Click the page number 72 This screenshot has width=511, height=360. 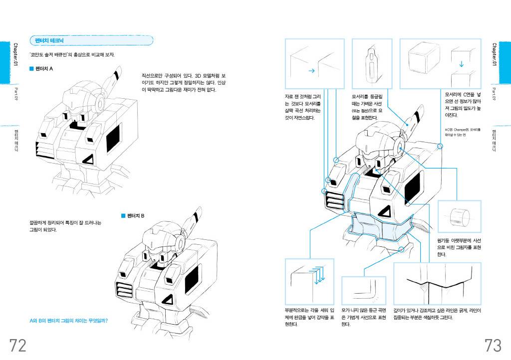click(17, 345)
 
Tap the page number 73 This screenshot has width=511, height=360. click(493, 345)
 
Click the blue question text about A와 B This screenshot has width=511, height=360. click(69, 321)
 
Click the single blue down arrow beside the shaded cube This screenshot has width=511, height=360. click(461, 64)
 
